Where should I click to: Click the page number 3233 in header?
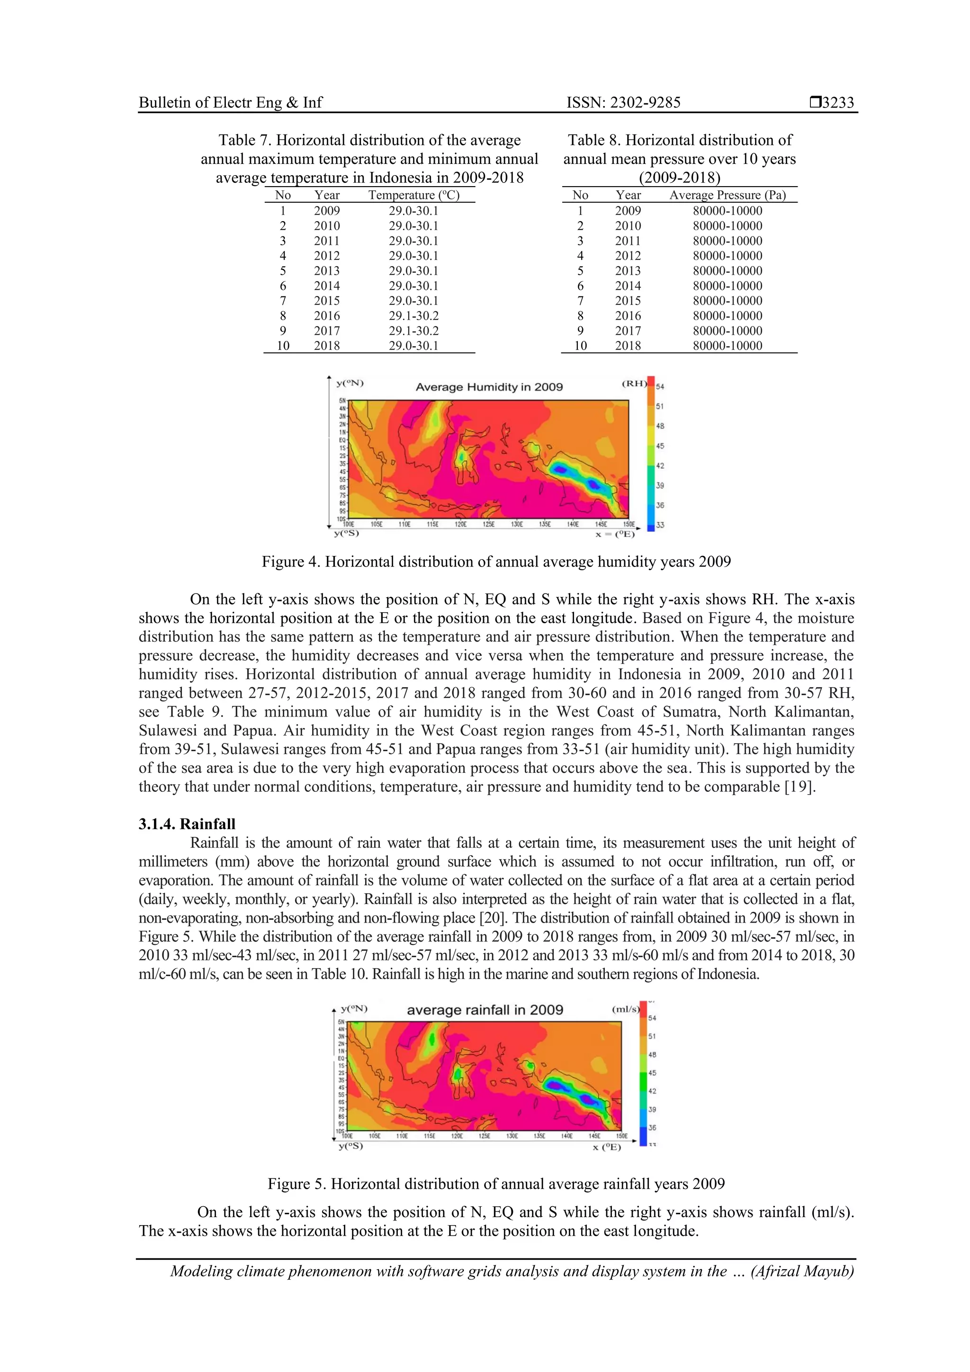(x=837, y=103)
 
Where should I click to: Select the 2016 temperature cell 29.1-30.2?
(x=413, y=315)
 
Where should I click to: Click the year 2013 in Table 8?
(x=628, y=271)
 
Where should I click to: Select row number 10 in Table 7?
(x=283, y=345)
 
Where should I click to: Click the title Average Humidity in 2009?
(x=489, y=386)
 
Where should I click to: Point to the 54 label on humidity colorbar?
(x=660, y=386)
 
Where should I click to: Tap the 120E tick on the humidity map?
(x=460, y=524)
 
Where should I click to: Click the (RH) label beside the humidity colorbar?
(x=634, y=384)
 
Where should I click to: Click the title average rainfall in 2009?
(x=485, y=1010)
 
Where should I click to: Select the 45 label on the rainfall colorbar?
(x=652, y=1073)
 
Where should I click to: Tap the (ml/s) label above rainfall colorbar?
(x=625, y=1009)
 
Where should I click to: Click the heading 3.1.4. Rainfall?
(x=187, y=824)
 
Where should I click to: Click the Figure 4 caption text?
(x=496, y=562)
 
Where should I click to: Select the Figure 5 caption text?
(x=496, y=1184)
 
